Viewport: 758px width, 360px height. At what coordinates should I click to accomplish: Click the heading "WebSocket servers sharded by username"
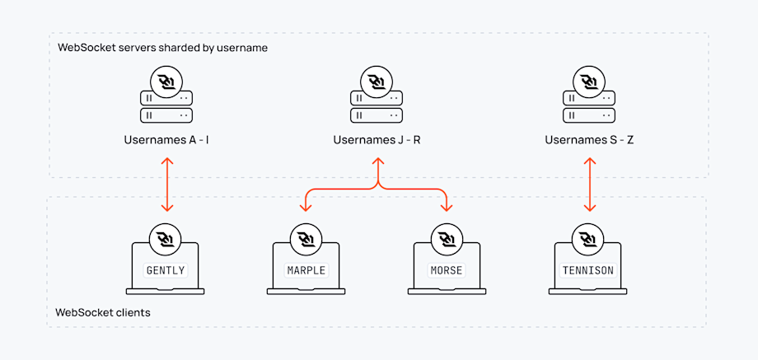coord(162,48)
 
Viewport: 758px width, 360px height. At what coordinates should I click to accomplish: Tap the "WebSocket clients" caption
coord(102,313)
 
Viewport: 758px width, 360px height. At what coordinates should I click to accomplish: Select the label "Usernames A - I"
coord(166,140)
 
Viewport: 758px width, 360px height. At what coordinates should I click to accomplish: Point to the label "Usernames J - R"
coord(377,140)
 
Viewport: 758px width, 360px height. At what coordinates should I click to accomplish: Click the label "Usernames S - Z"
coord(589,140)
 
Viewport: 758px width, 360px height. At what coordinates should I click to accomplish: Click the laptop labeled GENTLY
coord(166,269)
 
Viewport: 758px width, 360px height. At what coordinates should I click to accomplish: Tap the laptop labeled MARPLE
coord(306,269)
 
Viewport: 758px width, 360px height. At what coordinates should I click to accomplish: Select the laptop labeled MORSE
coord(447,269)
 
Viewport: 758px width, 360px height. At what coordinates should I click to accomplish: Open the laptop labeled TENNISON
coord(588,269)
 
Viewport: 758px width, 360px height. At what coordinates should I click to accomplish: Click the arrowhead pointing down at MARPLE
coord(306,207)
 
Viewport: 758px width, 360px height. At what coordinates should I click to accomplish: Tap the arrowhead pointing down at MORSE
coord(447,207)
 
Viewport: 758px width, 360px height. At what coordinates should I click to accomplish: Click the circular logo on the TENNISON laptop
coord(588,239)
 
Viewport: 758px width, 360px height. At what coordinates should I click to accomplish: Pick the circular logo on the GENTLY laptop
coord(166,239)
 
